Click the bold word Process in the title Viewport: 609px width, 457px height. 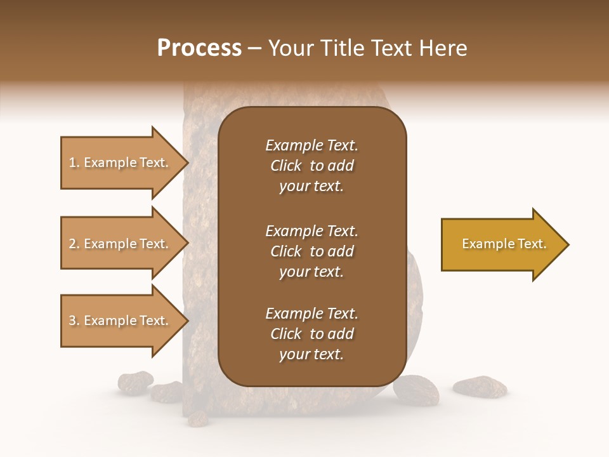199,48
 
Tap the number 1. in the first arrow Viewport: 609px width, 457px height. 74,162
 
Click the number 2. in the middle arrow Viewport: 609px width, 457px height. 74,244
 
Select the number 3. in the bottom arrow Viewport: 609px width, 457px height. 74,321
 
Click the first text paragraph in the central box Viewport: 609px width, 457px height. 311,166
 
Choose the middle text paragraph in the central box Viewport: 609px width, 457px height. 311,251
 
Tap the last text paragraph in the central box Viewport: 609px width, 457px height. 311,334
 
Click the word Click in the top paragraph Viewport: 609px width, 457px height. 285,166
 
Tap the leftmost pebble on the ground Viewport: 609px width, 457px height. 134,382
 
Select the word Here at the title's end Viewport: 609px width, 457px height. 443,48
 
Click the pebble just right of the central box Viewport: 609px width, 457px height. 416,390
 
